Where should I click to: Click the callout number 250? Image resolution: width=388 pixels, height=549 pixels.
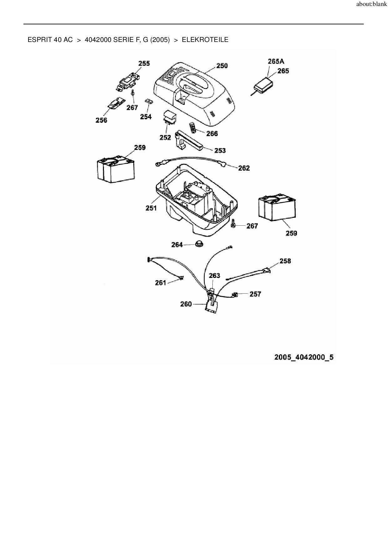[x=222, y=66]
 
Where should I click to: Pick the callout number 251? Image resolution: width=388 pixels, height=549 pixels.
[x=151, y=208]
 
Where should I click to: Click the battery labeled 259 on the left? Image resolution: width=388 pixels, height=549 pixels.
[x=116, y=169]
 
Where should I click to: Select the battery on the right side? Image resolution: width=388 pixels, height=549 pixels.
[x=277, y=208]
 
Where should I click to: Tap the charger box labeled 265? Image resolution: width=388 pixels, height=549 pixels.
[x=263, y=85]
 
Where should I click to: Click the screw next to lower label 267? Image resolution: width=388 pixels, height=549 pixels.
[x=233, y=224]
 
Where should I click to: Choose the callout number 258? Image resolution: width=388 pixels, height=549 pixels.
[x=285, y=261]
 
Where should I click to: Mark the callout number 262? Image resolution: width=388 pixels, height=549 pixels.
[x=244, y=168]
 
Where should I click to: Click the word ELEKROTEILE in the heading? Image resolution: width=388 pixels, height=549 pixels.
[x=205, y=40]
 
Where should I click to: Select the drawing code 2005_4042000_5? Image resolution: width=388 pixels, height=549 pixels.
[x=304, y=357]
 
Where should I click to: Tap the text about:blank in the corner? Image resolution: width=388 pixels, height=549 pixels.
[x=371, y=5]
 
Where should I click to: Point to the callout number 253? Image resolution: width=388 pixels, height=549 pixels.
[x=220, y=151]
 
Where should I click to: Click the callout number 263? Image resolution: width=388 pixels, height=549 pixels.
[x=215, y=276]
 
